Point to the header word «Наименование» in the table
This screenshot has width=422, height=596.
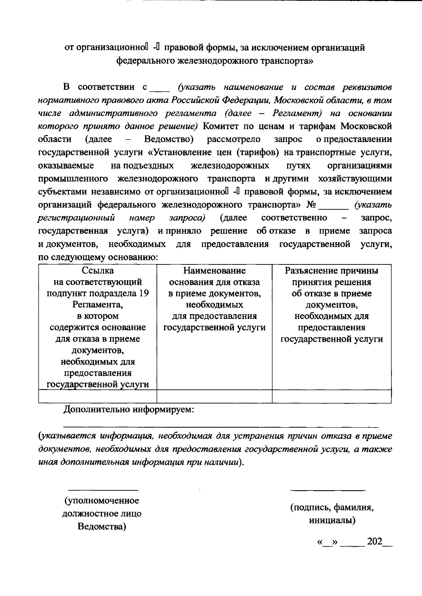point(214,271)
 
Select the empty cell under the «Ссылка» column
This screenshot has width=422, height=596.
point(97,396)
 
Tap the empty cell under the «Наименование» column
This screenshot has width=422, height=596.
point(214,396)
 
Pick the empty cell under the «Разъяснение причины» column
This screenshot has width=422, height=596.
point(332,396)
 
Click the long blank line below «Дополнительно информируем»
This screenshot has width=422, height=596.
point(221,427)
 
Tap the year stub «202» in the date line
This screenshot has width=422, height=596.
point(375,542)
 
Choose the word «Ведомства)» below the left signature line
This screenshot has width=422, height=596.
point(102,526)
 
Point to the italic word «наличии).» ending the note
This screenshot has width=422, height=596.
point(225,462)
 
